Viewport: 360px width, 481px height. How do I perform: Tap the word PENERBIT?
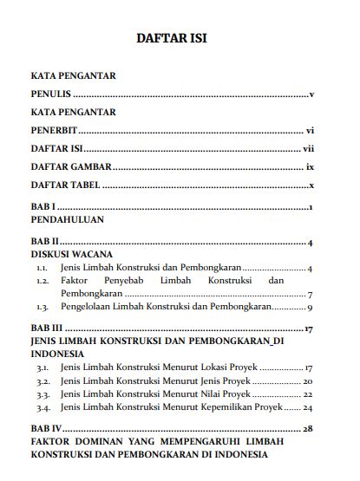click(54, 131)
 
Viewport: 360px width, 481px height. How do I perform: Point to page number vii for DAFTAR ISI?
click(308, 149)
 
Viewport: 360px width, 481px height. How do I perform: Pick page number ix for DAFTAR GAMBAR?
click(309, 167)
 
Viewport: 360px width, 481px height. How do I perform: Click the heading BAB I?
click(43, 208)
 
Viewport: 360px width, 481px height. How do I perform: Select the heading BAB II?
click(44, 242)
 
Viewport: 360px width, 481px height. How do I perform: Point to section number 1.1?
click(42, 268)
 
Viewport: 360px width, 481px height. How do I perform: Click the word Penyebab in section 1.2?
click(121, 281)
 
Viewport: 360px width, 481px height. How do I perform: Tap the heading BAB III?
click(47, 329)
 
